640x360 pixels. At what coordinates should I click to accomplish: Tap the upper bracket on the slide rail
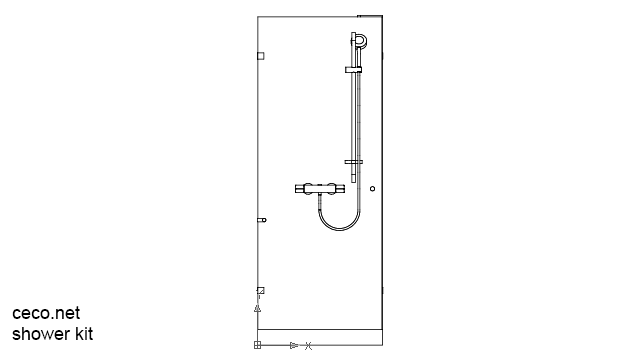pos(353,70)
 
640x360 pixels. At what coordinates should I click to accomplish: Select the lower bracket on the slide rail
pos(353,161)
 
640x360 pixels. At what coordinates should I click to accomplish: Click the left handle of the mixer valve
pos(302,187)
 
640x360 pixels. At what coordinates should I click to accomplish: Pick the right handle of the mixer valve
pos(339,187)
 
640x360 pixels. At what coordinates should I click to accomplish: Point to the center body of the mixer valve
pos(320,188)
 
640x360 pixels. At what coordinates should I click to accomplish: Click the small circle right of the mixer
pos(372,188)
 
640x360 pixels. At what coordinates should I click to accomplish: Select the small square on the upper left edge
pos(261,56)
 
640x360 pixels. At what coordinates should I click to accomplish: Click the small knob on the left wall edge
pos(262,219)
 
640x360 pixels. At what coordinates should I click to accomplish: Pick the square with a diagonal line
pos(260,291)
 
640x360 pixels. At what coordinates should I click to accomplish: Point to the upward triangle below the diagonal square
pos(258,309)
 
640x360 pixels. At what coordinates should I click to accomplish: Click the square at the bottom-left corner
pos(257,345)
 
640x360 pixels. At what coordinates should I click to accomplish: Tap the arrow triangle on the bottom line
pos(293,345)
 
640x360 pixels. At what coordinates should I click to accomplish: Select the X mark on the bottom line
pos(308,345)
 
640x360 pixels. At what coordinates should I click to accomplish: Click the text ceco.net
pos(45,314)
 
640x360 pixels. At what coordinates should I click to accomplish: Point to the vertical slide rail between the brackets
pos(353,115)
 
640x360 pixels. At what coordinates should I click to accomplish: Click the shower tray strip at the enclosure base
pos(320,337)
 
